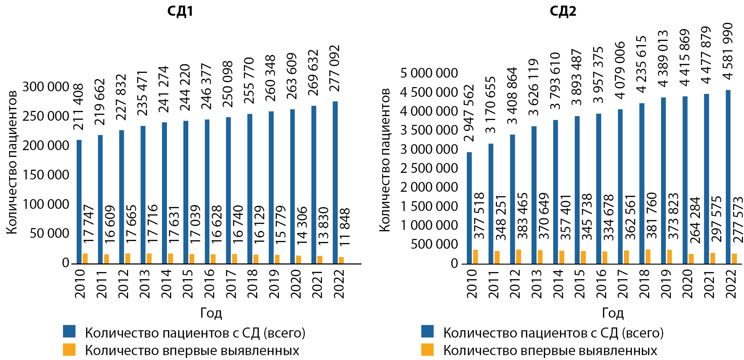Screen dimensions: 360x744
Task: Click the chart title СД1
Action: tap(180, 11)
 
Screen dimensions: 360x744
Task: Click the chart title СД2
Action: tap(563, 11)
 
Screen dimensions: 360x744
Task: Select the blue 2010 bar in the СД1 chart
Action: tap(79, 202)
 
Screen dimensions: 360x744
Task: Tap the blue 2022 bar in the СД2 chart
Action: tap(728, 177)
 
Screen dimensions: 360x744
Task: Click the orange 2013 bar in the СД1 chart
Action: tap(149, 258)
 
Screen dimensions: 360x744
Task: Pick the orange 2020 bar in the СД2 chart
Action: tap(691, 259)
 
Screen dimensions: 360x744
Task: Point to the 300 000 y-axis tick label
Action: tap(46, 87)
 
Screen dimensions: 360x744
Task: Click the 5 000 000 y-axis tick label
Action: tap(429, 73)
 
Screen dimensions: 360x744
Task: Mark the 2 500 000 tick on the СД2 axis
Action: tap(429, 168)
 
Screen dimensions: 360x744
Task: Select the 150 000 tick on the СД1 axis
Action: tap(46, 175)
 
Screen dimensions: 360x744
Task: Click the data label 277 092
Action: tap(335, 68)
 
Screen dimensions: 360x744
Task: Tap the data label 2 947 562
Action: tap(469, 113)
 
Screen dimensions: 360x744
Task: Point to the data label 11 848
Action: tap(345, 227)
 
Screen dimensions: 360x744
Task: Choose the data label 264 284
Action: tap(695, 220)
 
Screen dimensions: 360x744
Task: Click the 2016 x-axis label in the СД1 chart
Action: tap(209, 283)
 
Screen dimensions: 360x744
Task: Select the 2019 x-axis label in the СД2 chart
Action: tap(666, 283)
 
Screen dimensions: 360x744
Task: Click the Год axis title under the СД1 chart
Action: tap(211, 312)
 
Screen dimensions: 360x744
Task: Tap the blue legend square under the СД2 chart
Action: tap(427, 331)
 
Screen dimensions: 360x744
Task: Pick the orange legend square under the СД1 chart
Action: tap(69, 350)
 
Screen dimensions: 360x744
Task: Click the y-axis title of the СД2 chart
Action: tap(385, 160)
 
